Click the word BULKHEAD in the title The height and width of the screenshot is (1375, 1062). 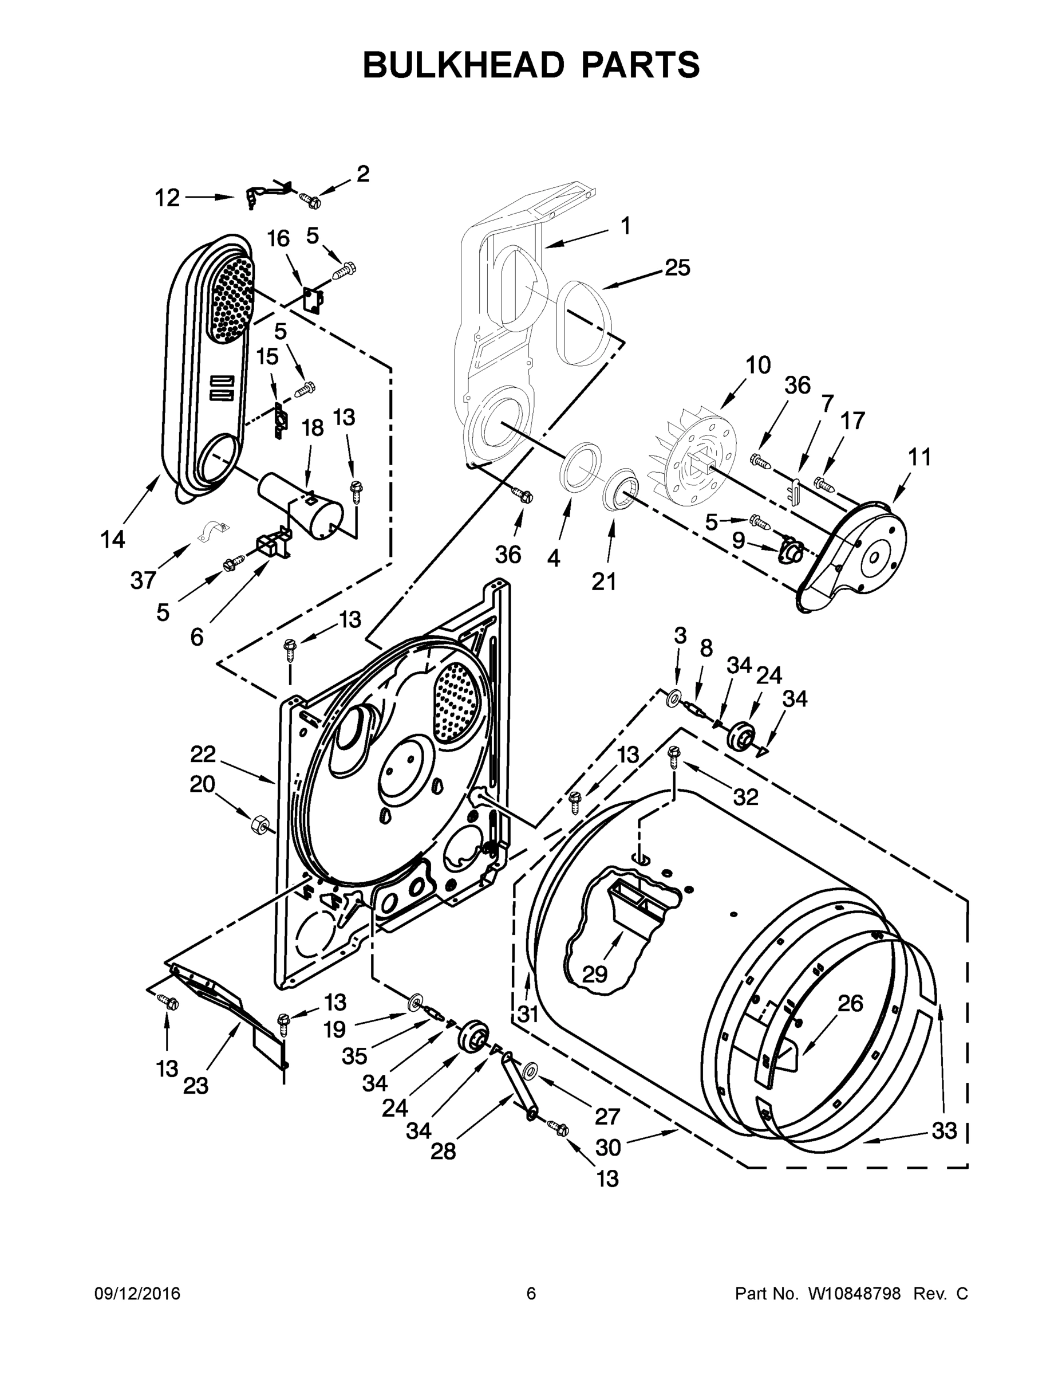[463, 65]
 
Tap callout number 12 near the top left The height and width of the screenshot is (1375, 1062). [167, 198]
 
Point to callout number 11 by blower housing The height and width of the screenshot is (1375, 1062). [920, 457]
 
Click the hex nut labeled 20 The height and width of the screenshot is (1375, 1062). [259, 823]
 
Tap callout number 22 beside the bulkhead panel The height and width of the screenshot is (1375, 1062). [203, 753]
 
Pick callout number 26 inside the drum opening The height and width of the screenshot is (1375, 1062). [850, 1003]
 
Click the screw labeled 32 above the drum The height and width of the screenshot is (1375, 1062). [674, 753]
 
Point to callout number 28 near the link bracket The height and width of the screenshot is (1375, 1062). [443, 1152]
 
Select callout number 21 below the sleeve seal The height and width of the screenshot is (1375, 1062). [604, 581]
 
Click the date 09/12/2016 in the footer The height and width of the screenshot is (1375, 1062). [137, 1294]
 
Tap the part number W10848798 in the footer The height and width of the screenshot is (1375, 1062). [854, 1294]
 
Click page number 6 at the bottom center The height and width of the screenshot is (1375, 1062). [531, 1294]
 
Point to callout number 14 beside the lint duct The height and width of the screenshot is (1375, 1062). [113, 539]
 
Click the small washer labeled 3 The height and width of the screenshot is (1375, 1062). [673, 696]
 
